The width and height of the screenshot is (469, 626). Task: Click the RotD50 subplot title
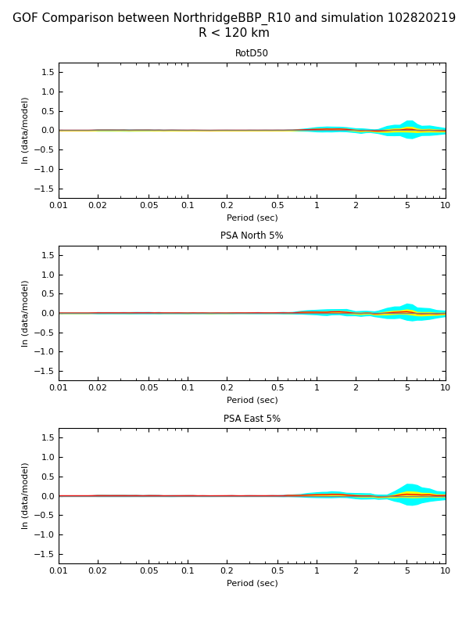[x=252, y=53]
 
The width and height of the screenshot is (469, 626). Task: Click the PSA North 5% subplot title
[x=252, y=236]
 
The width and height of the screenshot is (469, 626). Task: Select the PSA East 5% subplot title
[x=252, y=419]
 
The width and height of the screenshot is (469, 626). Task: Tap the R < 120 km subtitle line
[x=234, y=33]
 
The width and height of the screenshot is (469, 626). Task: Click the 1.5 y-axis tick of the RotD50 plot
[x=47, y=72]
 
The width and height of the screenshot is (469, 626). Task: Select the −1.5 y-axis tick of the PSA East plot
[x=44, y=554]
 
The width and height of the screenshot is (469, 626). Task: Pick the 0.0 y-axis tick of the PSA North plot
[x=47, y=313]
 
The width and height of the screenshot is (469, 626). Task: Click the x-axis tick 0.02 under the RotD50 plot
[x=98, y=206]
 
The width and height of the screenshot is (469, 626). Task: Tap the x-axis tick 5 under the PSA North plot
[x=406, y=388]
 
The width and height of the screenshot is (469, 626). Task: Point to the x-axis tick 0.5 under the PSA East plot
[x=277, y=571]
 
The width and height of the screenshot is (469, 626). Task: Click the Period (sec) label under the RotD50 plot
[x=252, y=218]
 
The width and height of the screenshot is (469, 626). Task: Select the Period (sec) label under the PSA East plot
[x=252, y=583]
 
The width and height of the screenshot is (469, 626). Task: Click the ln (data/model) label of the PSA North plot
[x=26, y=313]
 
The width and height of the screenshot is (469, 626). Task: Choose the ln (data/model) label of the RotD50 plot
[x=26, y=130]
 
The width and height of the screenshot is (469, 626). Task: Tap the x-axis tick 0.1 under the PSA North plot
[x=188, y=388]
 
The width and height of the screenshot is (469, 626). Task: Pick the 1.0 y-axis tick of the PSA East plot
[x=47, y=457]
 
